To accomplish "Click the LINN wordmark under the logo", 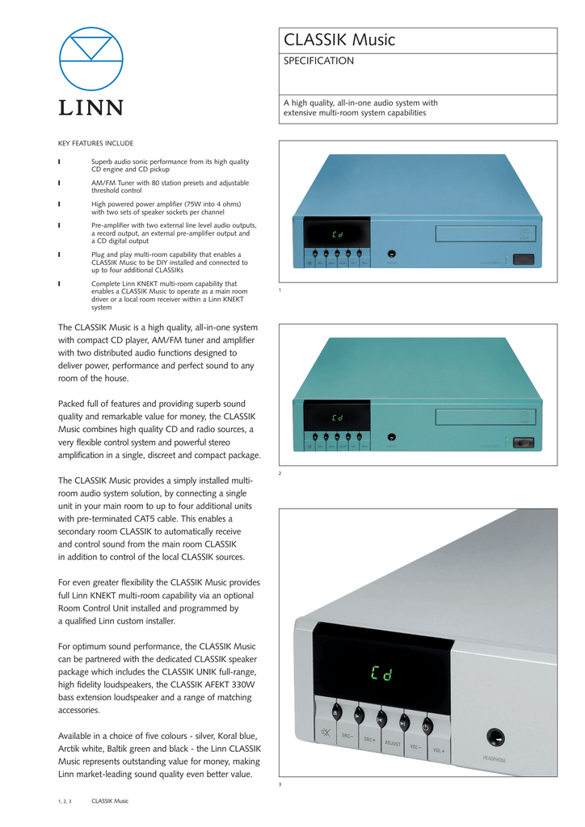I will pyautogui.click(x=90, y=107).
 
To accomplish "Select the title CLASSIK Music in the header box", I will pyautogui.click(x=339, y=40).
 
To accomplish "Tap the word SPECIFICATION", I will pyautogui.click(x=318, y=61).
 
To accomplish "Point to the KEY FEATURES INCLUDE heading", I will pyautogui.click(x=95, y=143).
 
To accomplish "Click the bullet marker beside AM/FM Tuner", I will pyautogui.click(x=60, y=183).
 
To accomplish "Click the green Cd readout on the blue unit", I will pyautogui.click(x=337, y=235).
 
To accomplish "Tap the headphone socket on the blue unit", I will pyautogui.click(x=391, y=254).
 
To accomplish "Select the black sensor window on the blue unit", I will pyautogui.click(x=524, y=260).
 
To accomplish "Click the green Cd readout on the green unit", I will pyautogui.click(x=337, y=418).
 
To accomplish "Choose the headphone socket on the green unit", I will pyautogui.click(x=391, y=437).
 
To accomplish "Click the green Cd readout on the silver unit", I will pyautogui.click(x=381, y=674).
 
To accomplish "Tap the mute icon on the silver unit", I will pyautogui.click(x=325, y=733).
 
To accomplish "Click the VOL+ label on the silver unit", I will pyautogui.click(x=439, y=750).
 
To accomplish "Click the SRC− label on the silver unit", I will pyautogui.click(x=347, y=735).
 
